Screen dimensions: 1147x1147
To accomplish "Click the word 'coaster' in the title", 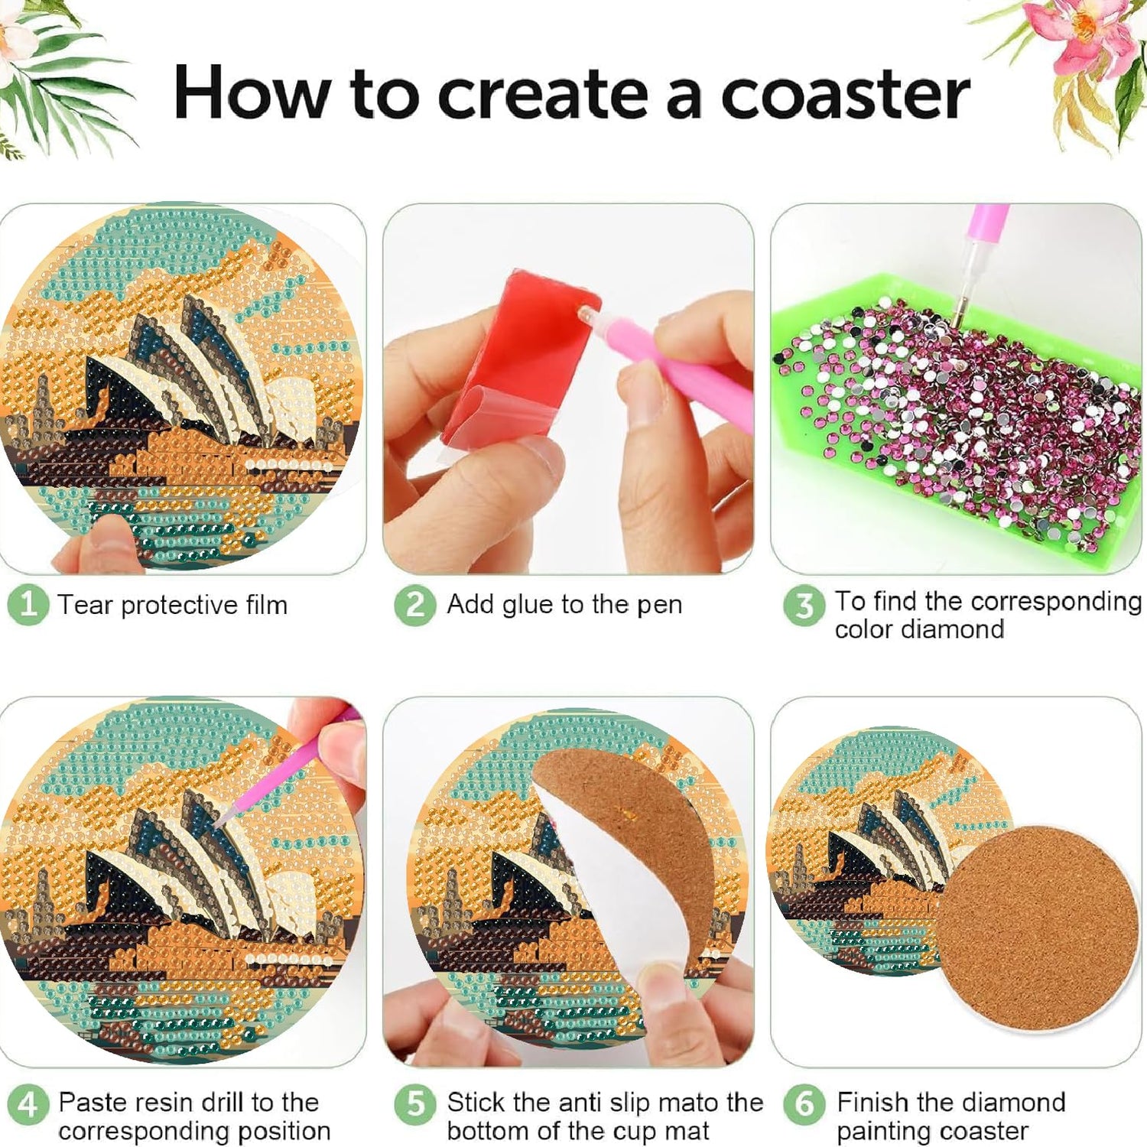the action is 845,95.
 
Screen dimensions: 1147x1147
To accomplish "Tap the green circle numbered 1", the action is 28,605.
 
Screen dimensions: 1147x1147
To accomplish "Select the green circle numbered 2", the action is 415,605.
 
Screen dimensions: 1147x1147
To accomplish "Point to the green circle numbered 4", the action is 28,1104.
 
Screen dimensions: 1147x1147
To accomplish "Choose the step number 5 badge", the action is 415,1104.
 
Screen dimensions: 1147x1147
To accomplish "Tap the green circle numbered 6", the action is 804,1104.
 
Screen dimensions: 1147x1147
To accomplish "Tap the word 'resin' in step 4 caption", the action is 162,1103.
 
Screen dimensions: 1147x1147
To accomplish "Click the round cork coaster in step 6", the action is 1038,928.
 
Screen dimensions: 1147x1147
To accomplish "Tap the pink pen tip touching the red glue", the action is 585,313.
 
